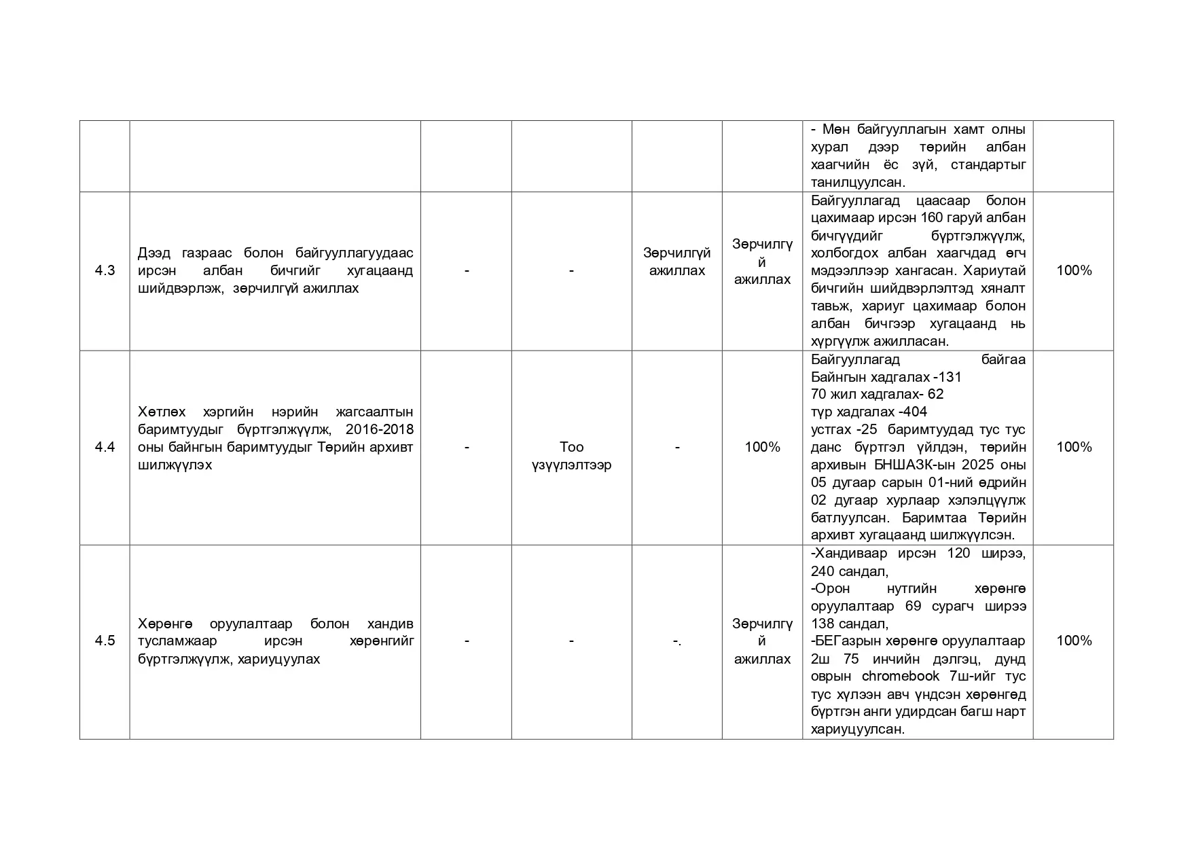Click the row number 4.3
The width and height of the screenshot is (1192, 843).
[x=105, y=270]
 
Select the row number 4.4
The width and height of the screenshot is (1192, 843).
[x=105, y=447]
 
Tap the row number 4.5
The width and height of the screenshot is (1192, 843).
[x=105, y=641]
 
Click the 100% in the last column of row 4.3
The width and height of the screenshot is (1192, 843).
[x=1074, y=270]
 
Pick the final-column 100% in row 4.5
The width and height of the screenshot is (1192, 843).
[x=1074, y=641]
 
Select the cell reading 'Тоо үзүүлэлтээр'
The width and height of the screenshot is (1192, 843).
[x=571, y=456]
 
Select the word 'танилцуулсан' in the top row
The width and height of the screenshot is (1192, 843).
[x=858, y=182]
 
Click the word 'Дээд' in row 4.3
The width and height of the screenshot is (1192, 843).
[x=153, y=253]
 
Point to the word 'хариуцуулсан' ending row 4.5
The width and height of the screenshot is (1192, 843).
[x=858, y=730]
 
